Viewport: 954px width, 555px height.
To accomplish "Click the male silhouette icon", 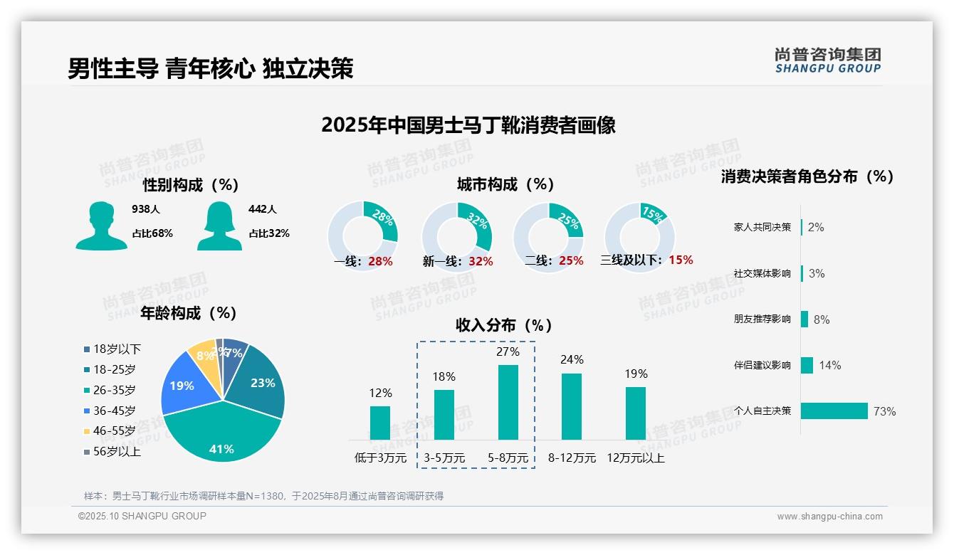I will (101, 226).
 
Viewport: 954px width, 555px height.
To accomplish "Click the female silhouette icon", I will (219, 226).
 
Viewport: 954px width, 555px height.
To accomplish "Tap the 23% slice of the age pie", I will (260, 384).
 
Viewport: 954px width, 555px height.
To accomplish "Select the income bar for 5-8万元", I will (508, 402).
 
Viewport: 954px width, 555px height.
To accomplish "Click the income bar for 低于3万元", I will (380, 423).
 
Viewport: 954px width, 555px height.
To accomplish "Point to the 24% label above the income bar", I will (572, 360).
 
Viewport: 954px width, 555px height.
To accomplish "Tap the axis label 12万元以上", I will (636, 458).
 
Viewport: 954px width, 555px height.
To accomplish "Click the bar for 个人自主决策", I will (834, 411).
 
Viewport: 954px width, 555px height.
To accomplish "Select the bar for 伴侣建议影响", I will (807, 365).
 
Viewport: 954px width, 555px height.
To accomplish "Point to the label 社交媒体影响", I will (762, 273).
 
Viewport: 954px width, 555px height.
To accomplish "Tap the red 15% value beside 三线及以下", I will (681, 260).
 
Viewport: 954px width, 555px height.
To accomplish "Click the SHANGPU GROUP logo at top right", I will (827, 60).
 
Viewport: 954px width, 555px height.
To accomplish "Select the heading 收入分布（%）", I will (504, 325).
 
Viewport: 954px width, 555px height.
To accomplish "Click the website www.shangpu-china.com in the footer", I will (829, 517).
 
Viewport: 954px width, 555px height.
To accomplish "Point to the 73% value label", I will (884, 411).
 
